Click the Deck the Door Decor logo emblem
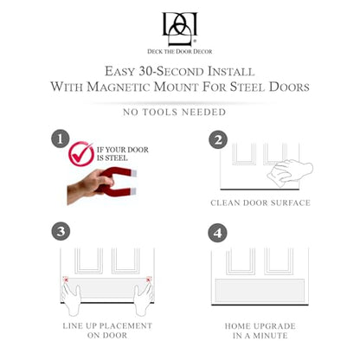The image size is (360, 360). pyautogui.click(x=180, y=29)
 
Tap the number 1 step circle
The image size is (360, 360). pyautogui.click(x=61, y=139)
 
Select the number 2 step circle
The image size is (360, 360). pyautogui.click(x=218, y=139)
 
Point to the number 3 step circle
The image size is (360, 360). pyautogui.click(x=61, y=231)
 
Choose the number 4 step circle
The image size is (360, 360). pyautogui.click(x=217, y=233)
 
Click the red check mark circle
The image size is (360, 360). pyautogui.click(x=81, y=153)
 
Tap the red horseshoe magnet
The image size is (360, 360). pyautogui.click(x=119, y=181)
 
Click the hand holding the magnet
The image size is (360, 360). pyautogui.click(x=87, y=187)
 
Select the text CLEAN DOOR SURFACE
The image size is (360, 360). pyautogui.click(x=260, y=202)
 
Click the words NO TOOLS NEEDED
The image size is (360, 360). pyautogui.click(x=175, y=112)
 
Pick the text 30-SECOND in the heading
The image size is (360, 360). pyautogui.click(x=171, y=71)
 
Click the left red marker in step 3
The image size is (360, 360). pyautogui.click(x=66, y=279)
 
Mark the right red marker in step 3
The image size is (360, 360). pyautogui.click(x=149, y=279)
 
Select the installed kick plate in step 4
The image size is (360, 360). pyautogui.click(x=260, y=291)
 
